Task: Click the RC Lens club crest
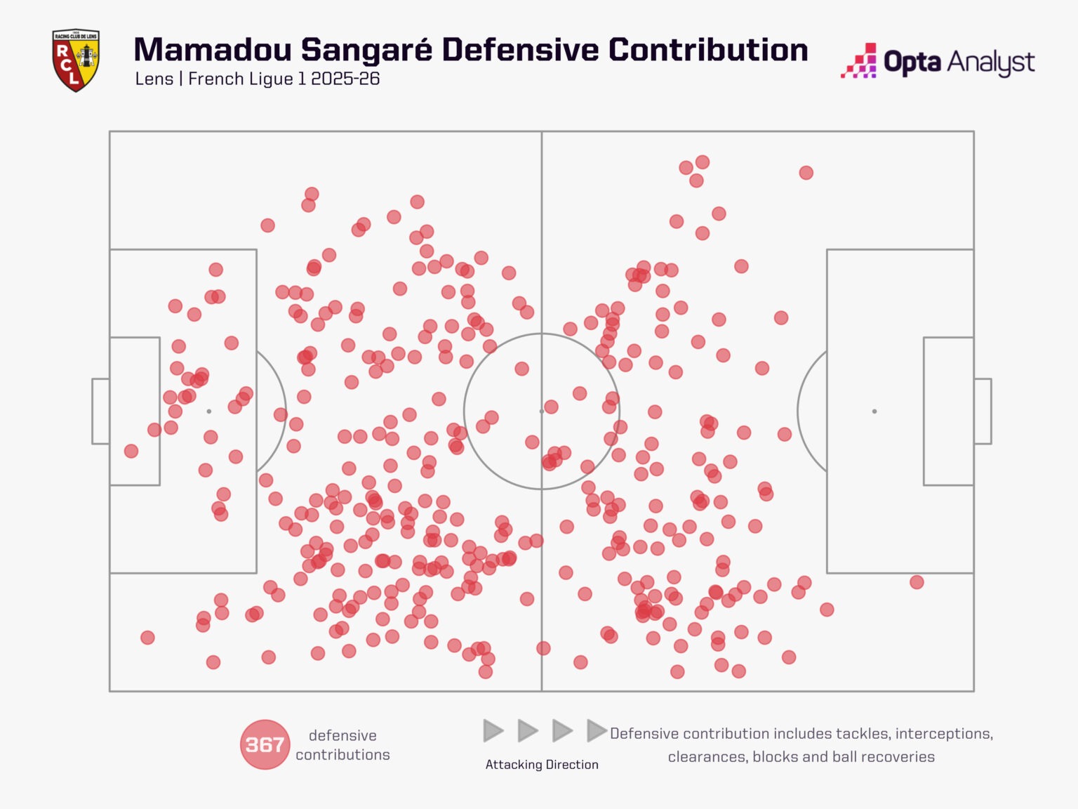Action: click(x=76, y=60)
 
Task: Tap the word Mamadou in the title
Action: click(x=213, y=50)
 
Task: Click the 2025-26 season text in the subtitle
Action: click(x=345, y=79)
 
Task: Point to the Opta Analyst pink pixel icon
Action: click(x=858, y=60)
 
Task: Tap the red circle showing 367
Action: click(x=265, y=744)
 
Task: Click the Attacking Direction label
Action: click(x=542, y=764)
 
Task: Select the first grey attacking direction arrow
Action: click(x=493, y=730)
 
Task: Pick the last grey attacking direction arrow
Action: click(x=597, y=730)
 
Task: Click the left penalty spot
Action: click(x=208, y=411)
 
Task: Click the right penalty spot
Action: click(x=874, y=411)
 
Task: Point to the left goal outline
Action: click(x=93, y=411)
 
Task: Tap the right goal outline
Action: click(x=991, y=411)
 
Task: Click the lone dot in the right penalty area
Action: click(x=917, y=582)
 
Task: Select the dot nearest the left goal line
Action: click(x=131, y=451)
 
